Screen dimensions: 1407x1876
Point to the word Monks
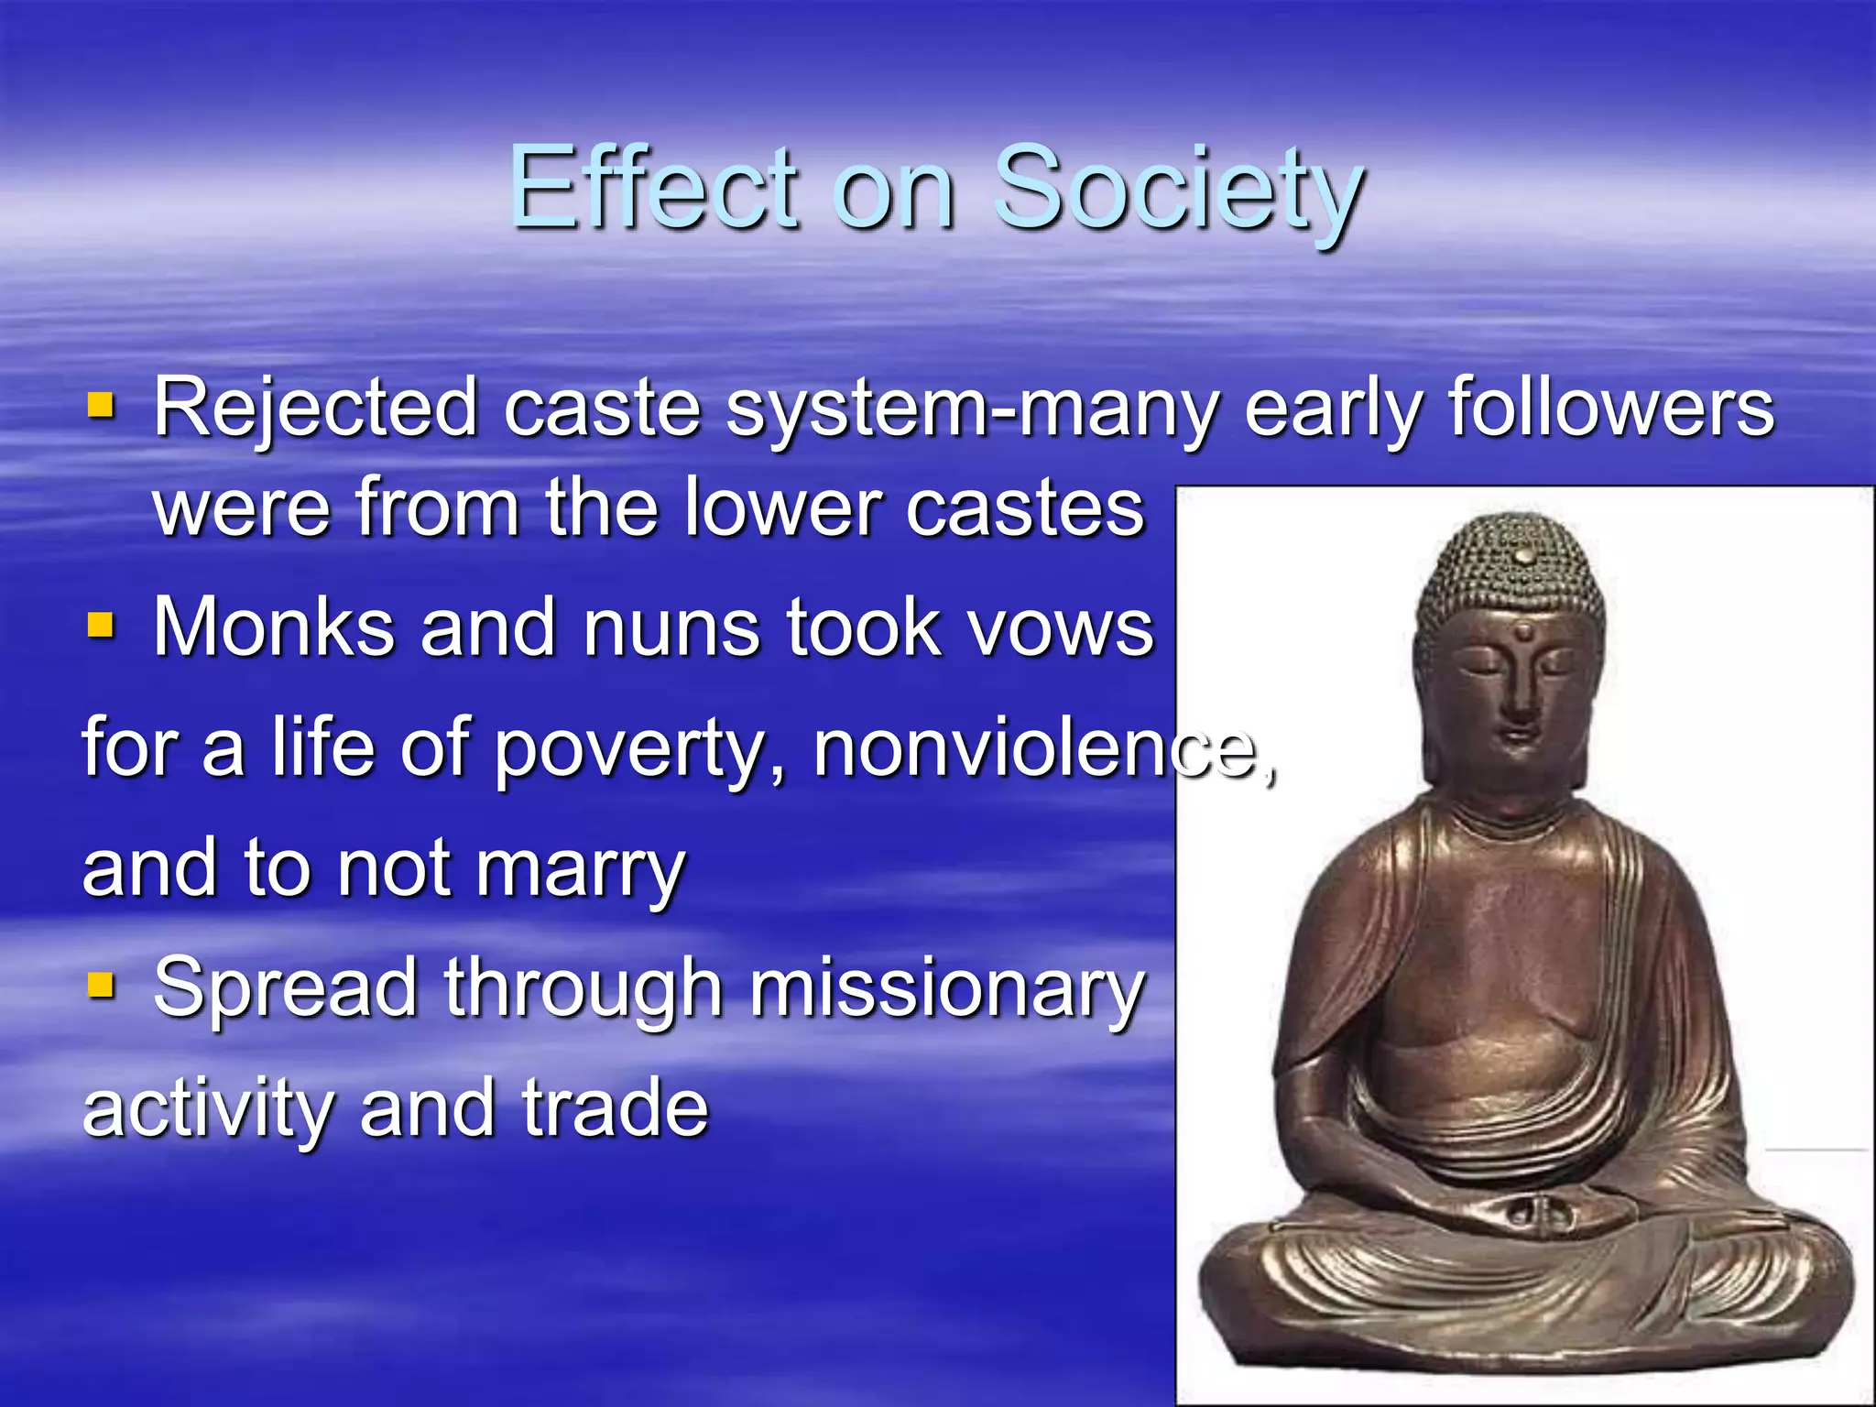tap(274, 628)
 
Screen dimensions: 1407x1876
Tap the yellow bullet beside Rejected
tap(100, 404)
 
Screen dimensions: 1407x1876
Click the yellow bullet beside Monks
tap(100, 626)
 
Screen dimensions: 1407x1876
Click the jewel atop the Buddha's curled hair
tap(1522, 555)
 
